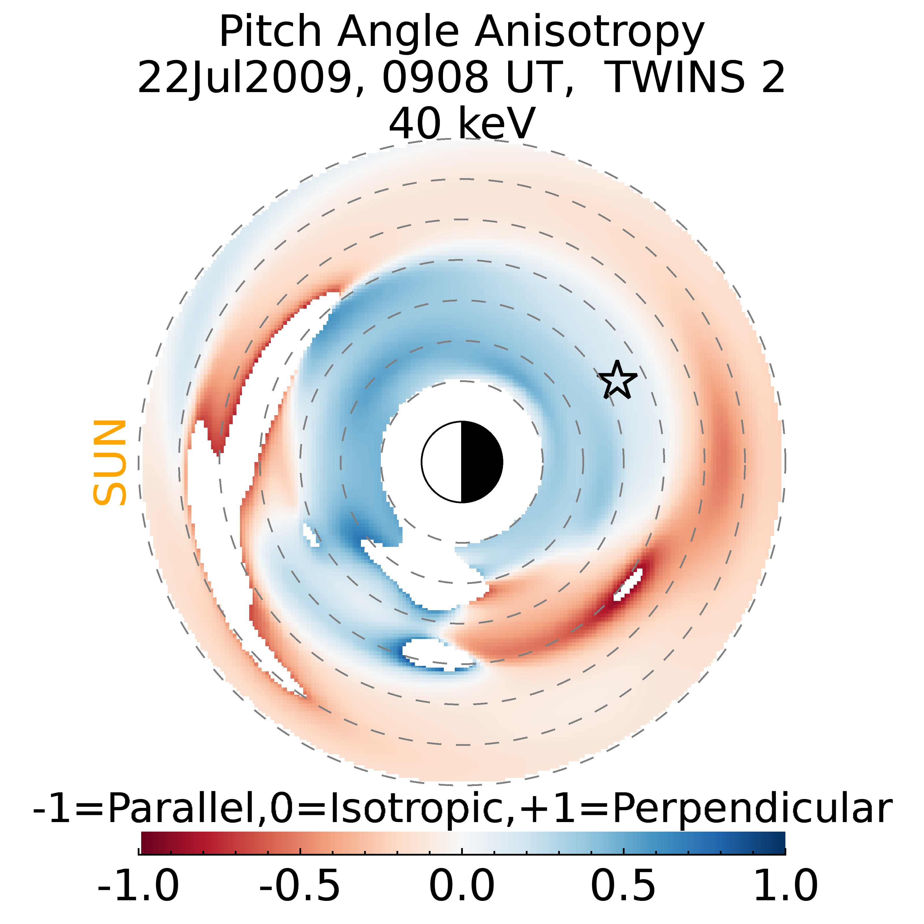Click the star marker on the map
(617, 381)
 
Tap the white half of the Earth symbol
(442, 462)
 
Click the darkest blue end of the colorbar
(780, 843)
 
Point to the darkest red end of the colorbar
(144, 843)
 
